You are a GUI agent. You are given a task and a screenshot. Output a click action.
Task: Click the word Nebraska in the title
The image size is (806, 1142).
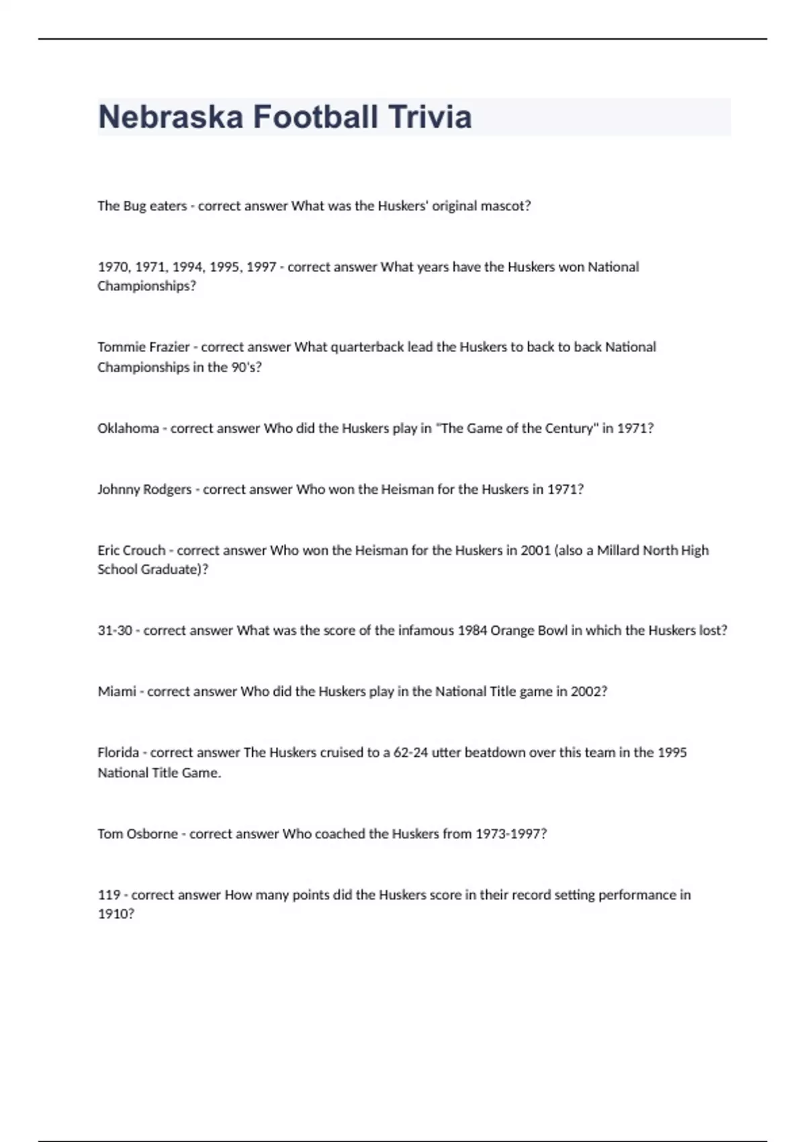coord(171,117)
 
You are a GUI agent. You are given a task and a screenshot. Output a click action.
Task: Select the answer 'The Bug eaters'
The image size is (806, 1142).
coord(142,206)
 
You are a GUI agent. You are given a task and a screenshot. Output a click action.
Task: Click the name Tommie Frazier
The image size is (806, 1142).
coord(143,347)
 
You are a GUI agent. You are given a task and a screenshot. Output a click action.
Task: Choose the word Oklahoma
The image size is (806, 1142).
coord(128,428)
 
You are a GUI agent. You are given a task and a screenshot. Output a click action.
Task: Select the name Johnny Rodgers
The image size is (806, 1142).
coord(144,489)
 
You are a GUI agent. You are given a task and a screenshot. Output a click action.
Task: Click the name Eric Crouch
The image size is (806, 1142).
coord(131,550)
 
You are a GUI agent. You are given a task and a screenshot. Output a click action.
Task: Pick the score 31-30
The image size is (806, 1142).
coord(114,630)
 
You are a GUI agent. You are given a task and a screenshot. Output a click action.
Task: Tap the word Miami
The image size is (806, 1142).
coord(117,691)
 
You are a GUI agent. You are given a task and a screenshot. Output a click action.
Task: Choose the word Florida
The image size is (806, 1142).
coord(118,752)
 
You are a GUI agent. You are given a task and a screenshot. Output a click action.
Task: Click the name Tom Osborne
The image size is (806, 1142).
coord(138,834)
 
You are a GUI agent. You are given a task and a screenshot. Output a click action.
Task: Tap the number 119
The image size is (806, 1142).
coord(109,895)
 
